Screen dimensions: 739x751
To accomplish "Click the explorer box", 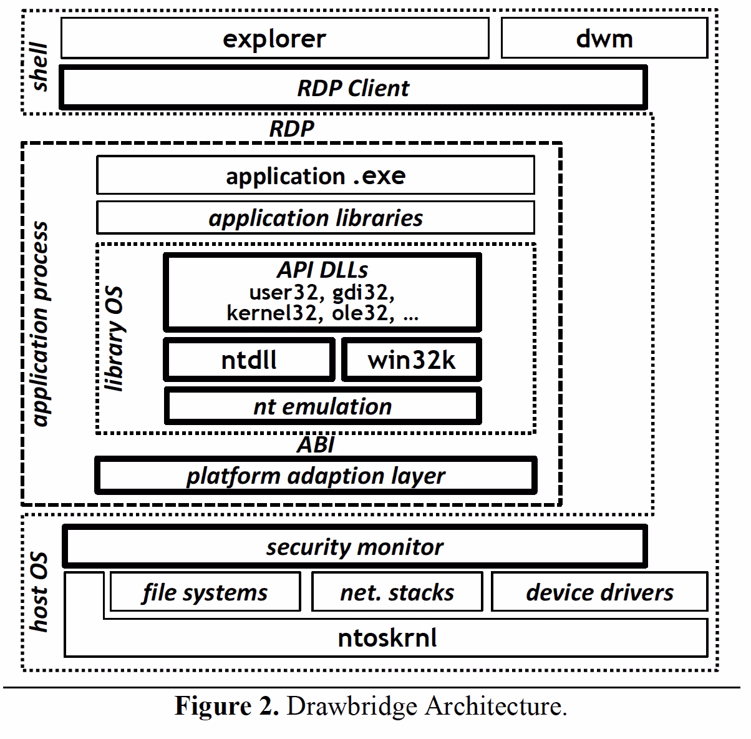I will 274,39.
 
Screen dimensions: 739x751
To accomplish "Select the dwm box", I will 604,39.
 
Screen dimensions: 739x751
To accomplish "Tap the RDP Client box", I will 353,88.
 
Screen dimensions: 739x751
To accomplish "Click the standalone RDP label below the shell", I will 291,129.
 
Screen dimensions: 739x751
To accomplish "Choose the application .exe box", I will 315,175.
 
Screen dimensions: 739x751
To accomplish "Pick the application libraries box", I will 315,218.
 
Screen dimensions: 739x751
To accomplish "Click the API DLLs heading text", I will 322,270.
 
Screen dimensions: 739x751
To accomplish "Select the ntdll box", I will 249,360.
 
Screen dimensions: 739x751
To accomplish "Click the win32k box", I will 412,360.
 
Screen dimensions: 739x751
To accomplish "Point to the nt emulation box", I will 322,406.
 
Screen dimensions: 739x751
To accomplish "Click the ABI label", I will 315,444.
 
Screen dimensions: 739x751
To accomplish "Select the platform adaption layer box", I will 315,476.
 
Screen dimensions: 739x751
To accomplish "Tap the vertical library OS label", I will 114,339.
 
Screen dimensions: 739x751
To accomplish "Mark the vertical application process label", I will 41,325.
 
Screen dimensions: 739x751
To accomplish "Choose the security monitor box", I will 354,547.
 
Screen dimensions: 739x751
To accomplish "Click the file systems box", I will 205,592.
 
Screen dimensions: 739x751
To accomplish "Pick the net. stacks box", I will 397,592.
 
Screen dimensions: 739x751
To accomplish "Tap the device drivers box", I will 599,592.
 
